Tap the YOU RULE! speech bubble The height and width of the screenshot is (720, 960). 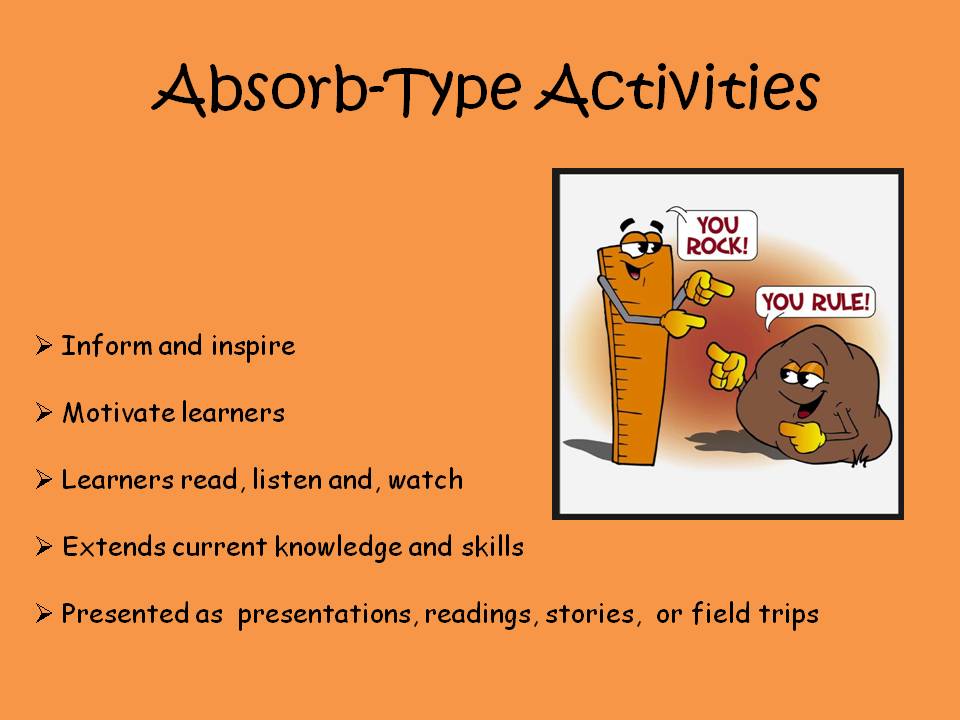[x=816, y=301]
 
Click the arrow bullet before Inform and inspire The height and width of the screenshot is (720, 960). [x=43, y=347]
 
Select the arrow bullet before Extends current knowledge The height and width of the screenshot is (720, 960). [x=43, y=547]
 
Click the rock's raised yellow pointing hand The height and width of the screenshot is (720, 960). [x=726, y=366]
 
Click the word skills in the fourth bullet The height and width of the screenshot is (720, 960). [x=491, y=547]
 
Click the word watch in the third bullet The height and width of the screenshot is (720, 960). [x=426, y=480]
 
